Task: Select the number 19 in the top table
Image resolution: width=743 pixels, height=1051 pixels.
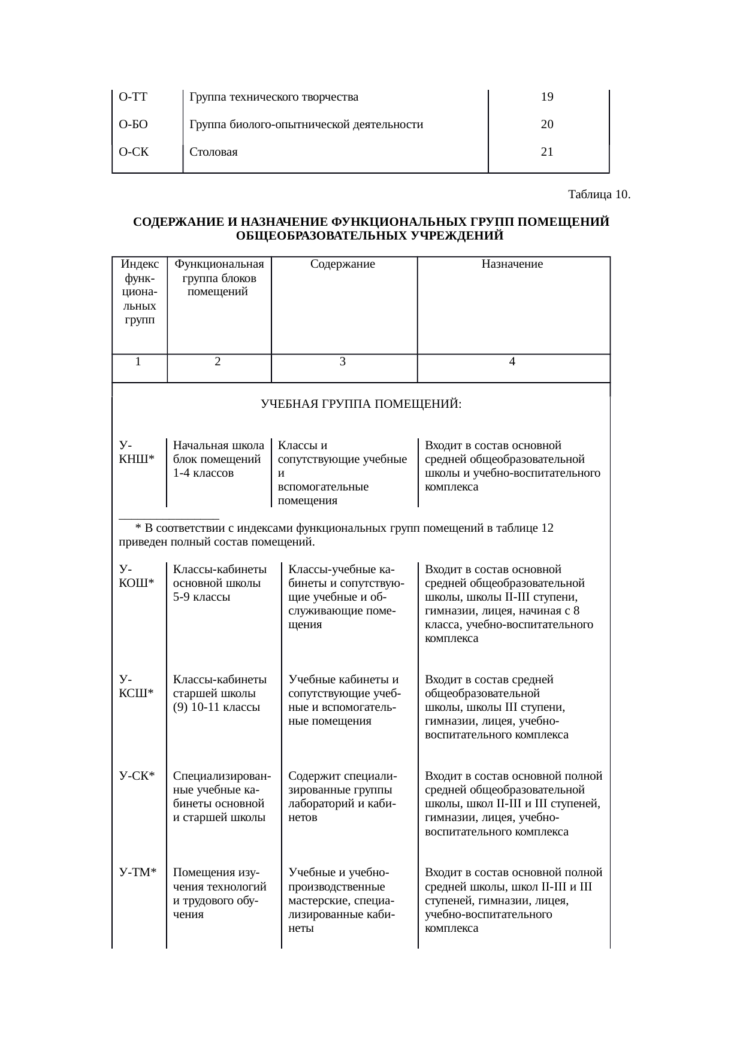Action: pos(546,97)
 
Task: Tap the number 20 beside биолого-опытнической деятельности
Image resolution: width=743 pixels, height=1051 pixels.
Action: pos(546,125)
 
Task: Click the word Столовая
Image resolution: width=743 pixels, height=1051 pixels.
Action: pos(213,152)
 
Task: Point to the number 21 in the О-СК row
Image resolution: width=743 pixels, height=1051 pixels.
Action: pos(546,152)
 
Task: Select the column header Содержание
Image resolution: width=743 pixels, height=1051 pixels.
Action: pos(343,264)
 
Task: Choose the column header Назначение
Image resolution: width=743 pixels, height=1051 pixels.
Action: pos(512,264)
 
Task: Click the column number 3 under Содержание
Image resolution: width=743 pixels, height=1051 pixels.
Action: pos(342,362)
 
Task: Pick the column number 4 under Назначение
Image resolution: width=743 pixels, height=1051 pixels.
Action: pos(512,362)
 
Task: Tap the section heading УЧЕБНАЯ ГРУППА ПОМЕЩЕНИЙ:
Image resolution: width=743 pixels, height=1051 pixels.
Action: pos(361,405)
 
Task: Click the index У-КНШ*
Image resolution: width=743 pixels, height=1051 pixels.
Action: pos(137,453)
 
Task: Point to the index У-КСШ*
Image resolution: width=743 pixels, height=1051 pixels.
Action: pos(137,686)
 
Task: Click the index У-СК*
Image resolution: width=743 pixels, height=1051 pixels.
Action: pos(137,776)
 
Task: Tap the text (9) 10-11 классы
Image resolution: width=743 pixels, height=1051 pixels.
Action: pos(216,707)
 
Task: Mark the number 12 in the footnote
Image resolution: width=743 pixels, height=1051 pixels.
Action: pos(547,528)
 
